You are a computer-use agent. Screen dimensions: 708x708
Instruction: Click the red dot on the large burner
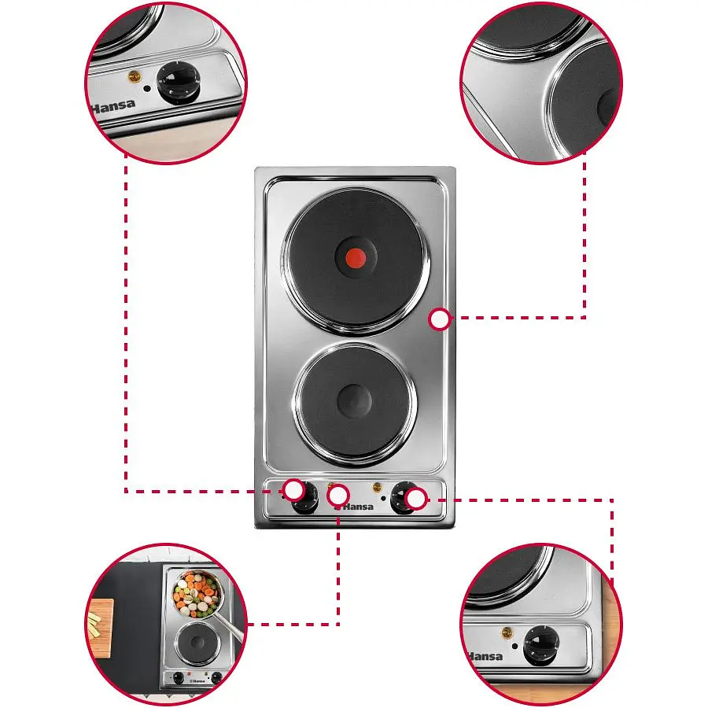(x=356, y=258)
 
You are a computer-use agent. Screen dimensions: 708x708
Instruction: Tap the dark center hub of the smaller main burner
(x=355, y=401)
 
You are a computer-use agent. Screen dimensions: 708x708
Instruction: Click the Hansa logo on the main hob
(x=355, y=507)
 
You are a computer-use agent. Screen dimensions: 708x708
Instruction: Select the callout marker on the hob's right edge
(x=439, y=319)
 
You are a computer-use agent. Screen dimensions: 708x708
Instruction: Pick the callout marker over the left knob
(x=294, y=490)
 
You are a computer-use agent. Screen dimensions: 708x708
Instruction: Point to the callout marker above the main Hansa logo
(x=337, y=496)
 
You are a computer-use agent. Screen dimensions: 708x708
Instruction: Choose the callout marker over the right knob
(x=416, y=499)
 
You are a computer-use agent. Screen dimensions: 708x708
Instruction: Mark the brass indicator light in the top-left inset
(x=134, y=76)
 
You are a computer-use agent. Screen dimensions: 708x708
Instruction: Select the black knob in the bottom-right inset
(x=541, y=645)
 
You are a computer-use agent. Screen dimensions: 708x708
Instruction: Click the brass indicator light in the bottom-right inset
(x=507, y=633)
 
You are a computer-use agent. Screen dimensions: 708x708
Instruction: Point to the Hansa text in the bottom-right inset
(x=484, y=655)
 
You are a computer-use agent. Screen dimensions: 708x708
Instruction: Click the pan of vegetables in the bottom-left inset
(x=197, y=594)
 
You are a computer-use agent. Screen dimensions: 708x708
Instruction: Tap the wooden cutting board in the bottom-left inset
(x=100, y=628)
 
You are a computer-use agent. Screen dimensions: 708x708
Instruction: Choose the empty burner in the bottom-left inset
(x=197, y=643)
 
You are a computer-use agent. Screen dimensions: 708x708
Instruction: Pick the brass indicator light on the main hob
(x=376, y=487)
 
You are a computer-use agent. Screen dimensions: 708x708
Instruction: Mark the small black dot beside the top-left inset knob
(x=147, y=88)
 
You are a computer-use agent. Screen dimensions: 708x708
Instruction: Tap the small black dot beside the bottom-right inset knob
(x=514, y=646)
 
